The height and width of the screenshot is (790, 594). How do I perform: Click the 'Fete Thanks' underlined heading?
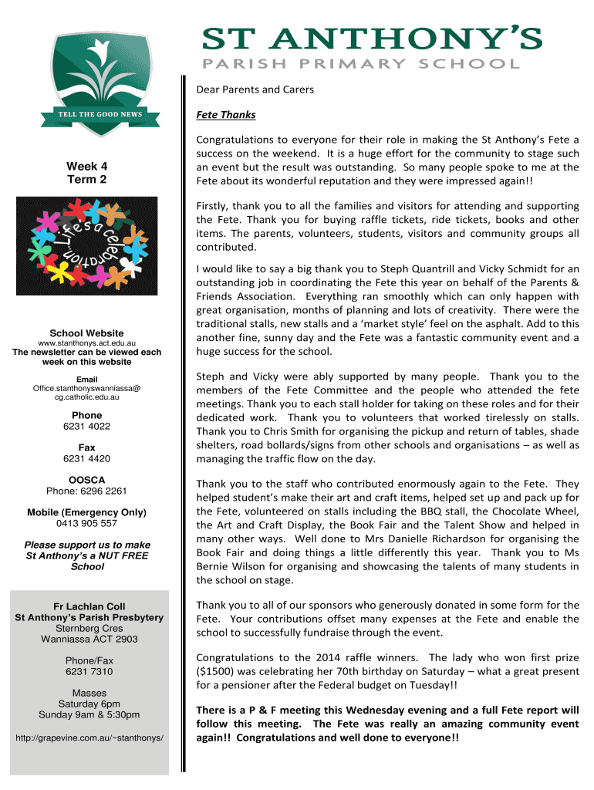coord(226,115)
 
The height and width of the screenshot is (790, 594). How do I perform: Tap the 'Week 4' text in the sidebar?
coord(86,166)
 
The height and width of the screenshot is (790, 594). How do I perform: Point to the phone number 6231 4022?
coord(86,426)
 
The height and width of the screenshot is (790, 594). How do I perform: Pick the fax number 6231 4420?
coord(86,458)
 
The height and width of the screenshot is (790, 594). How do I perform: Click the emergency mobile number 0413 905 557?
coord(86,523)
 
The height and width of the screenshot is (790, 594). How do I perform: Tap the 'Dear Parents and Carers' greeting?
coord(255,89)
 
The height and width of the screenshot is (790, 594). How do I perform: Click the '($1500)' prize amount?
coord(218,671)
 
